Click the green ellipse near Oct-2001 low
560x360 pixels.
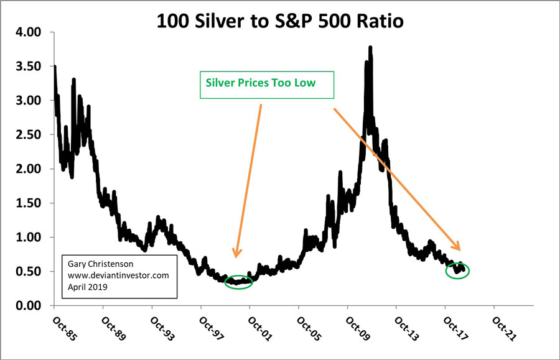(x=239, y=282)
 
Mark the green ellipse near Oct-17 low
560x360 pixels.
(x=458, y=270)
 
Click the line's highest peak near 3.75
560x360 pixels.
(x=371, y=47)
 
